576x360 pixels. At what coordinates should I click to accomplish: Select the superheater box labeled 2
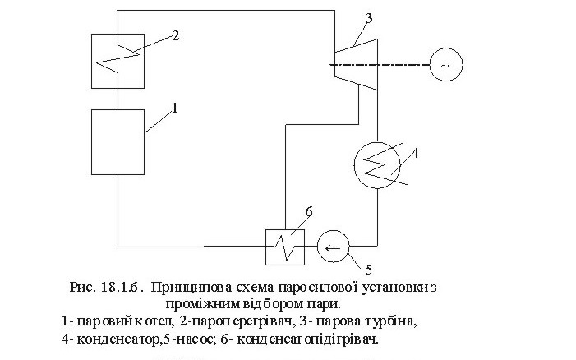pos(118,60)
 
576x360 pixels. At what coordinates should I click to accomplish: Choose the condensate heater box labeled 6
pos(283,245)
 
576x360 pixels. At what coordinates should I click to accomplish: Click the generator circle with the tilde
pos(445,64)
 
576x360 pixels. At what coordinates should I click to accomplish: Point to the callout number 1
pos(174,107)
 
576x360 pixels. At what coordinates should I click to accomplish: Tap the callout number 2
pos(174,35)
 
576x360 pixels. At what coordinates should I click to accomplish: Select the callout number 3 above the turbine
pos(368,16)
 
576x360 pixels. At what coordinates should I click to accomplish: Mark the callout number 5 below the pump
pos(368,269)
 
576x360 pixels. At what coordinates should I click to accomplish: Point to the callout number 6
pos(308,213)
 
